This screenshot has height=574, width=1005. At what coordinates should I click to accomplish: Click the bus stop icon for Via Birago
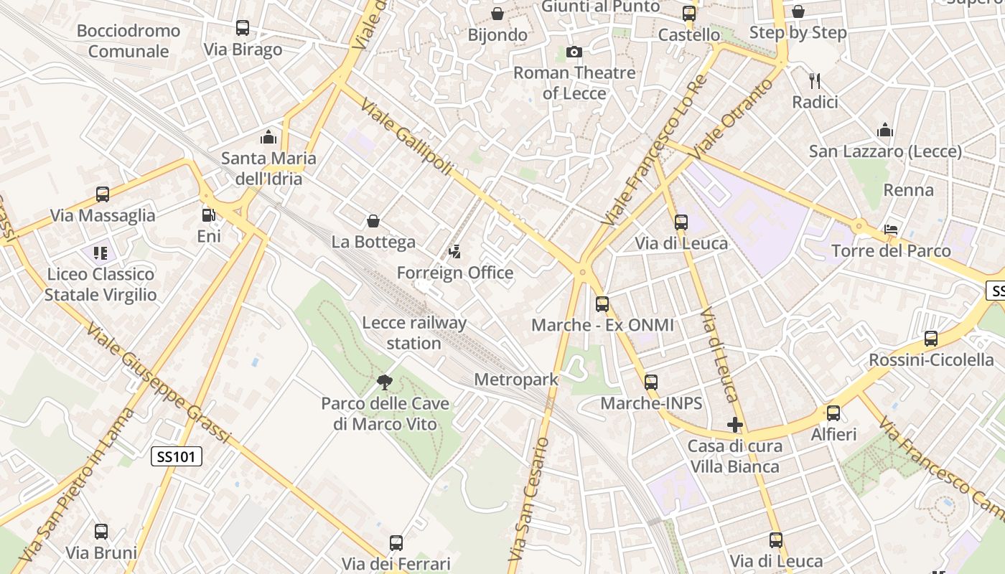click(x=243, y=28)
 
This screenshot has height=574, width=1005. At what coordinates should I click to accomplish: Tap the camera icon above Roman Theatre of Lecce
click(x=574, y=52)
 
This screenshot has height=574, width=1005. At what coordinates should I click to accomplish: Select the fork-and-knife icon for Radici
click(x=815, y=80)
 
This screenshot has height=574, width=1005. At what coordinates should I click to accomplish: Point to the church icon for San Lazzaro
click(x=885, y=130)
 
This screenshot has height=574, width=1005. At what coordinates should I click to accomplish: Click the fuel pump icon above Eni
click(x=208, y=215)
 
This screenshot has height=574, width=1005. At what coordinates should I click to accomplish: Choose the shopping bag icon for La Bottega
click(x=373, y=221)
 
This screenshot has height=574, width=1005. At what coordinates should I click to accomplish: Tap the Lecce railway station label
click(x=414, y=333)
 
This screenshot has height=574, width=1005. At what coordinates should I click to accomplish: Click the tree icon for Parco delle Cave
click(x=385, y=382)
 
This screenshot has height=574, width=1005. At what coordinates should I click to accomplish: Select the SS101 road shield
click(x=177, y=456)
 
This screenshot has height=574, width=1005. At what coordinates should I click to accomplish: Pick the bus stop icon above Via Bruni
click(x=101, y=532)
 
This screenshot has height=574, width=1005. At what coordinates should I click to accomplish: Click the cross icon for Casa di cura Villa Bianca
click(x=734, y=425)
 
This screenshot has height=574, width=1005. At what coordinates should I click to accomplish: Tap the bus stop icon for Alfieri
click(x=833, y=413)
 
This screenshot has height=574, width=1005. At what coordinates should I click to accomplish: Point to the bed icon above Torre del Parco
click(x=891, y=230)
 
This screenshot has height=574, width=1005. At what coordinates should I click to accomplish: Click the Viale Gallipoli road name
click(x=406, y=137)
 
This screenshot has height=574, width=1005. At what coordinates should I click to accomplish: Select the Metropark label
click(x=516, y=380)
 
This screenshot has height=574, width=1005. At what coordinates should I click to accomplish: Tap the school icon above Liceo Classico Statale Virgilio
click(x=100, y=253)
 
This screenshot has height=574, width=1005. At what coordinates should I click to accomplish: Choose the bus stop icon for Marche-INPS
click(x=651, y=382)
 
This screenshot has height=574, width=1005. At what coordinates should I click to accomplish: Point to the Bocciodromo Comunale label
click(x=128, y=41)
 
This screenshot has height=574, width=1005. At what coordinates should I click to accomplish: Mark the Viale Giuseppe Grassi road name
click(x=159, y=384)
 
